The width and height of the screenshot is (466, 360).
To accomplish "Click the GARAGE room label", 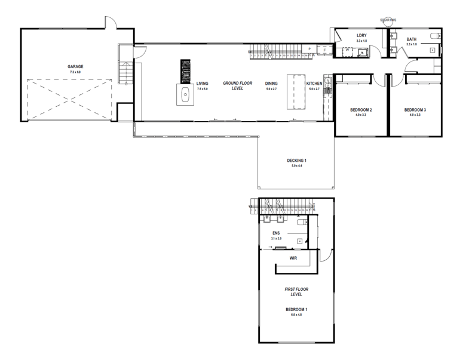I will (x=75, y=66).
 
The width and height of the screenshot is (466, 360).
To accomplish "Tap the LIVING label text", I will (x=202, y=84).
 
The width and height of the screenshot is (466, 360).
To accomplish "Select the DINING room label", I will (x=271, y=84).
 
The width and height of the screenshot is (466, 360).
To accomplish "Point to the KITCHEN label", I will (x=314, y=84).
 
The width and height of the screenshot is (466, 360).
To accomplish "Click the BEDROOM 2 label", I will (x=361, y=110).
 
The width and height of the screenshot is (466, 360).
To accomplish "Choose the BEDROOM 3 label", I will (x=415, y=110).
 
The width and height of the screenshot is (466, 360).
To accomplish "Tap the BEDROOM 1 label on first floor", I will (x=296, y=309).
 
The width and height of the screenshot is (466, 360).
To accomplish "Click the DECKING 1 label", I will (x=296, y=160).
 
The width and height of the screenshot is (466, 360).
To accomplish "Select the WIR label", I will (x=293, y=259).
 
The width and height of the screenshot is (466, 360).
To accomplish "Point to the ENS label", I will (x=276, y=233).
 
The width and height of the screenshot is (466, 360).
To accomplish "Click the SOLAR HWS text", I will (x=389, y=20).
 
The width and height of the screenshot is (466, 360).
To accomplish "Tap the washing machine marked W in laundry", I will (x=347, y=51).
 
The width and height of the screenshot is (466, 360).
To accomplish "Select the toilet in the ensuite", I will (x=302, y=222).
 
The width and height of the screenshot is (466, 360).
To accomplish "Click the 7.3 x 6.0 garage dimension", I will (x=75, y=72).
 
